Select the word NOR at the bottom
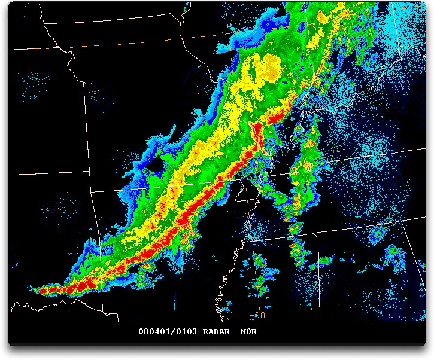tap(248, 331)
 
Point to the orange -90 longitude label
tap(258, 315)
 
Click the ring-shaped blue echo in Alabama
tap(378, 234)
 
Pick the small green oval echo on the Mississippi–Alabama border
tap(325, 261)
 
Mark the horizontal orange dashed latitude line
tap(144, 42)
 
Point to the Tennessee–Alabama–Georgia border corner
tap(400, 219)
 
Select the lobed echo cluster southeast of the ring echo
tap(394, 256)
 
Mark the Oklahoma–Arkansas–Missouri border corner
tap(90, 193)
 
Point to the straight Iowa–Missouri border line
tap(120, 21)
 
